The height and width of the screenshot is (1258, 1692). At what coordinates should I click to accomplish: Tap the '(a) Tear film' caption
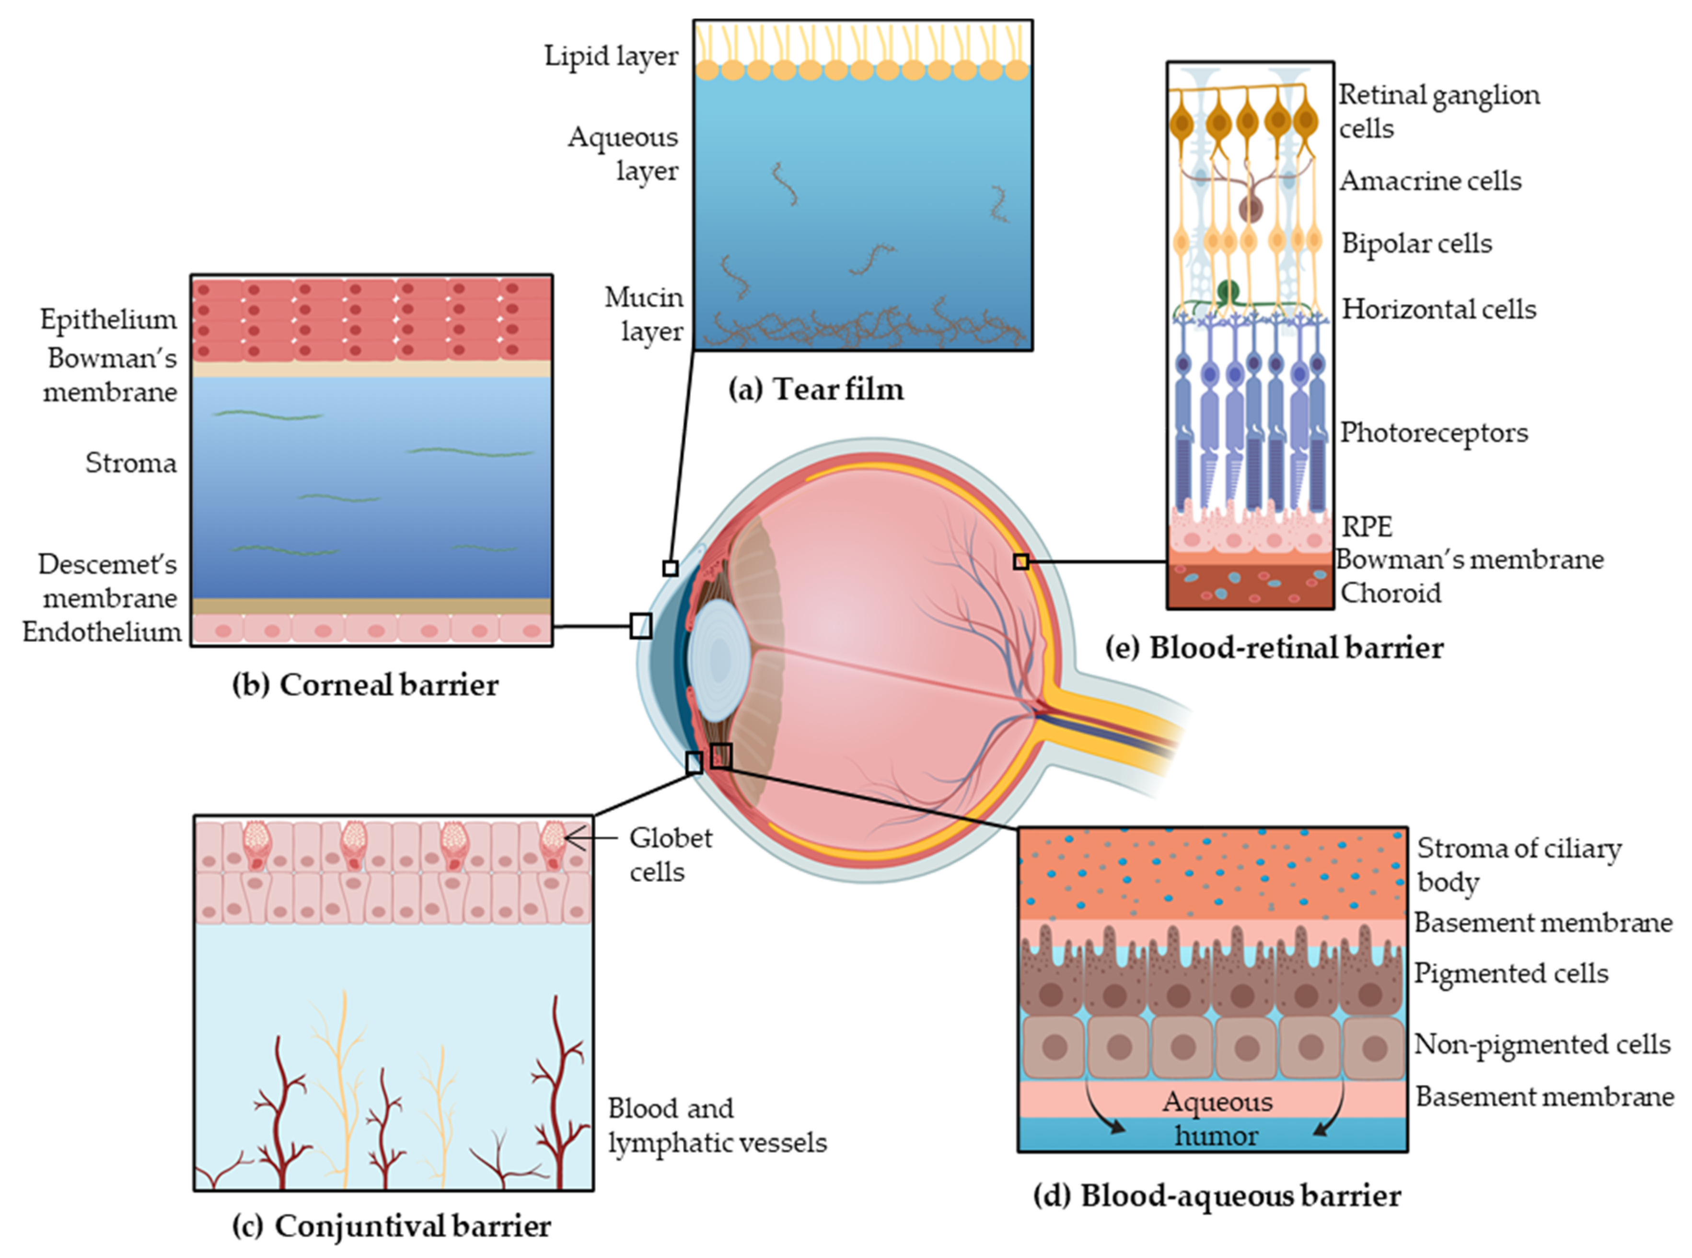(816, 389)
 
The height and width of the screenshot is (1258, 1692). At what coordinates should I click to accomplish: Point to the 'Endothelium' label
(102, 632)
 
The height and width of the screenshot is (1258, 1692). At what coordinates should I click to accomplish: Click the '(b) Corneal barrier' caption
(365, 685)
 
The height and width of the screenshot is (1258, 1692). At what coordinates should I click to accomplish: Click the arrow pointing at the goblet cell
(590, 838)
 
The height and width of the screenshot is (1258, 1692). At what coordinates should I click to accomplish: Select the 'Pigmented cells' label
(1511, 973)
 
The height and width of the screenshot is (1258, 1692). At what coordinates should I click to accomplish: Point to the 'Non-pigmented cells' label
(1542, 1044)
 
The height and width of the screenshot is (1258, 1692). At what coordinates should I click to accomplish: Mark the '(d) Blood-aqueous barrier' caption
(1217, 1196)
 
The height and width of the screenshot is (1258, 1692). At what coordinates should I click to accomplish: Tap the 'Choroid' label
(1391, 593)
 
